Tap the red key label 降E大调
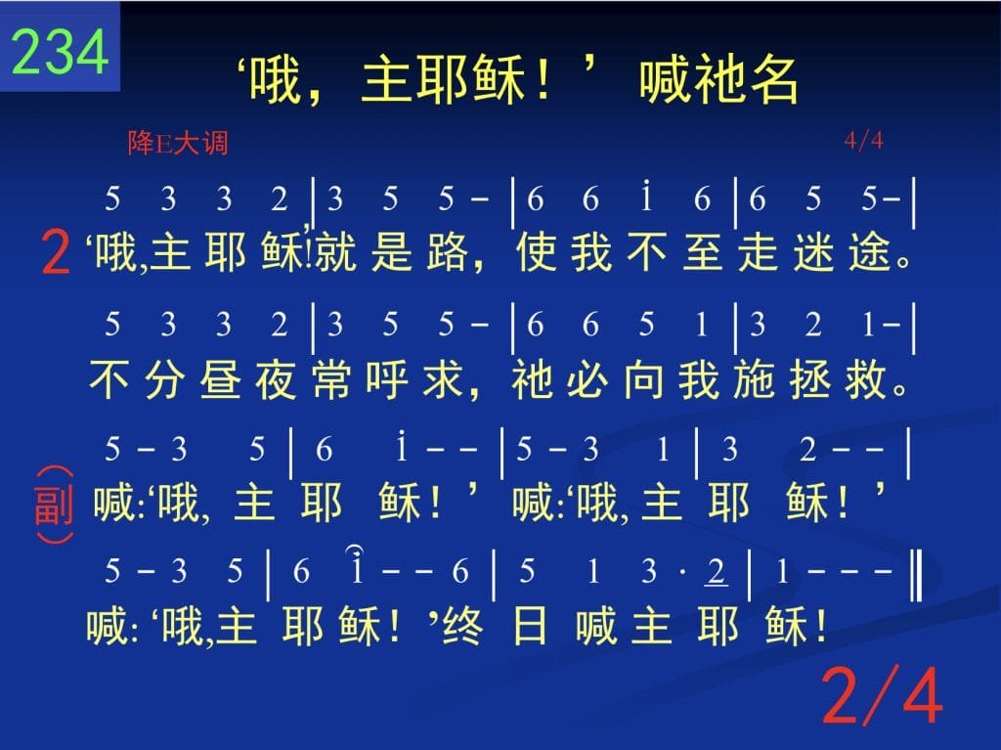[x=178, y=143]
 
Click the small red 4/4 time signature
[x=864, y=140]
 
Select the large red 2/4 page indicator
[x=883, y=695]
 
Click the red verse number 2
[x=55, y=253]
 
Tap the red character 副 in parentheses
[x=54, y=506]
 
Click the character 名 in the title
[x=774, y=79]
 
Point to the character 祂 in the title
[x=718, y=79]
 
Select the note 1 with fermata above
[x=357, y=566]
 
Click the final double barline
[x=917, y=575]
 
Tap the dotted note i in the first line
[x=647, y=197]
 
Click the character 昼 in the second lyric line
[x=220, y=379]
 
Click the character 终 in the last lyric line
[x=462, y=627]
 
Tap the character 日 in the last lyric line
[x=529, y=627]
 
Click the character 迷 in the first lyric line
[x=815, y=251]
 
